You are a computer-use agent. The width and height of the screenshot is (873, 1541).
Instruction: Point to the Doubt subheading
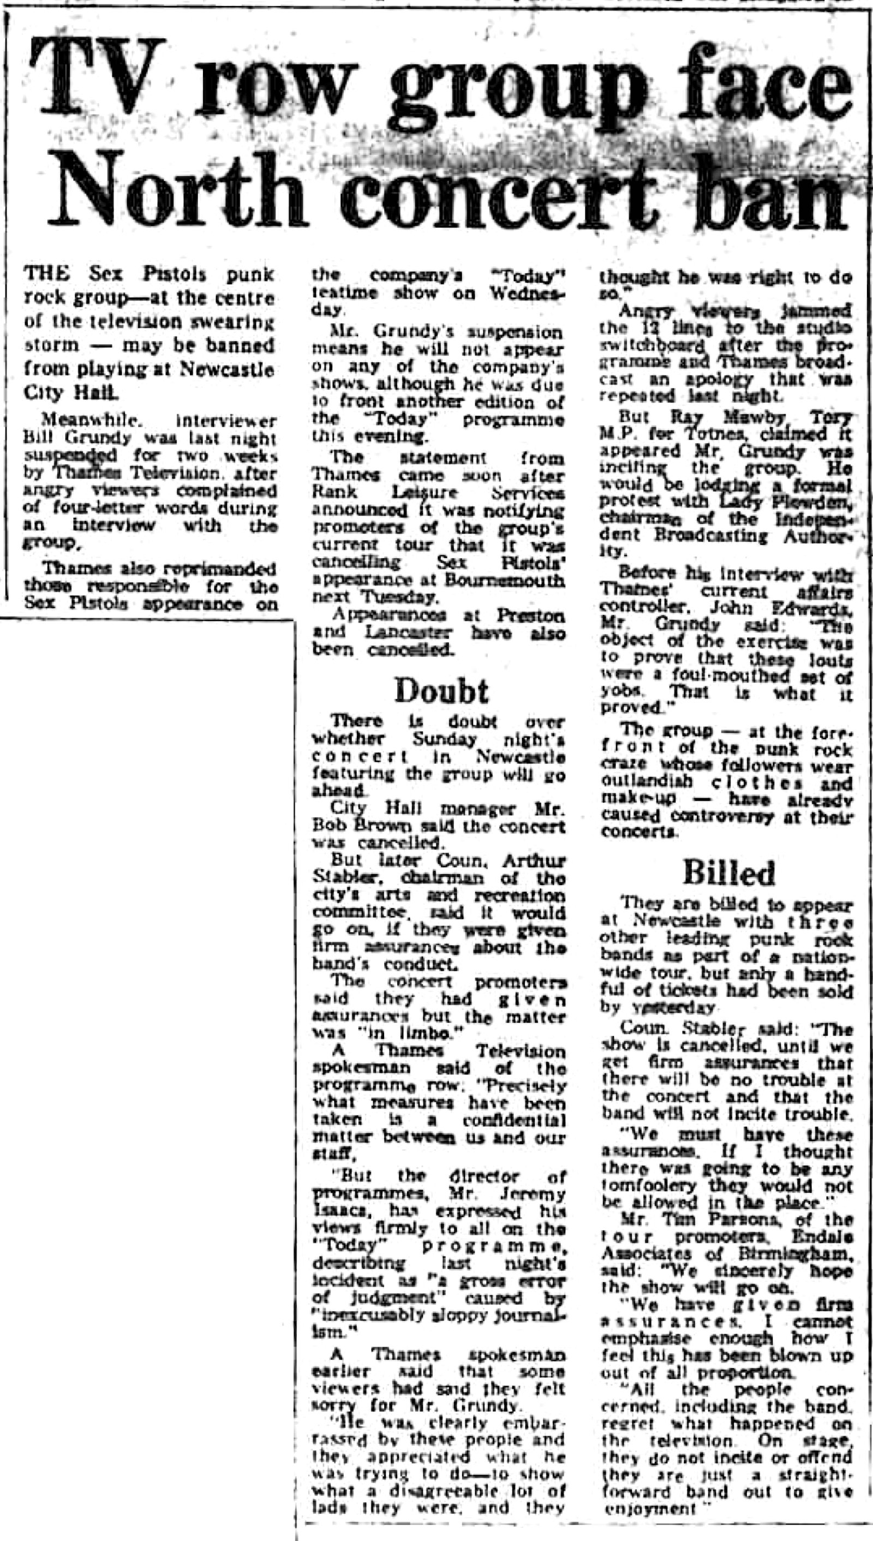click(441, 690)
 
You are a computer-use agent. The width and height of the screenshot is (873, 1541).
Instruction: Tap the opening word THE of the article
click(46, 274)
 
